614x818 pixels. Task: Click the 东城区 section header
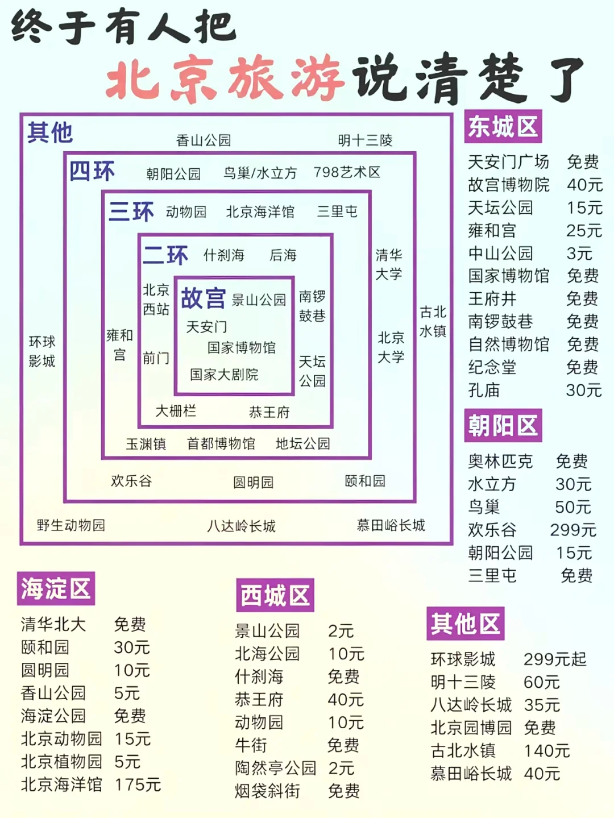(503, 127)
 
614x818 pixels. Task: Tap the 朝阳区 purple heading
(503, 425)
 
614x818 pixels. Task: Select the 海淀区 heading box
(56, 588)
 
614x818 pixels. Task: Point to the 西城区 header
(275, 595)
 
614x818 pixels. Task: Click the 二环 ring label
(165, 255)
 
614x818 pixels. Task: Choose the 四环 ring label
(92, 171)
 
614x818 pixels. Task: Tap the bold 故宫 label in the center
(203, 298)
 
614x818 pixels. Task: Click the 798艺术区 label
(347, 172)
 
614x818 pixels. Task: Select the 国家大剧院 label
(224, 375)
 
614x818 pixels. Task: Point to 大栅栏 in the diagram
(176, 411)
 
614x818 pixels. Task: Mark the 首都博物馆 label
(221, 443)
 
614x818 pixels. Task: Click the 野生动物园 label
(71, 525)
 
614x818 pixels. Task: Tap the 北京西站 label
(156, 300)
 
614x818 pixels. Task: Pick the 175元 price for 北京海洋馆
(138, 784)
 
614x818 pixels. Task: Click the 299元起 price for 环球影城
(554, 659)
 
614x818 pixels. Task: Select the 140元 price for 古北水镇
(546, 751)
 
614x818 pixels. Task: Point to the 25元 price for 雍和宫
(584, 231)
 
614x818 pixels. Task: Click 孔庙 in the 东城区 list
(484, 391)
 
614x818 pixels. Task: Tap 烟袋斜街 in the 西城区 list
(267, 791)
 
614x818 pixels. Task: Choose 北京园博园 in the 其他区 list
(471, 728)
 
